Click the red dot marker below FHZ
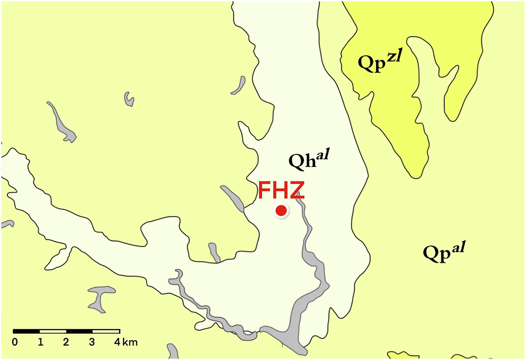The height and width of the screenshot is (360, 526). (281, 211)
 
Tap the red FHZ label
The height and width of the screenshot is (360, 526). (280, 191)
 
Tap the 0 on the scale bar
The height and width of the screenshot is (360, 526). (14, 343)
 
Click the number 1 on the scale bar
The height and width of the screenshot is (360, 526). (41, 343)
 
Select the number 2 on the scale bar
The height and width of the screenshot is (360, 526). (66, 343)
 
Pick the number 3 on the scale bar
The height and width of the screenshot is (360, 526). (93, 343)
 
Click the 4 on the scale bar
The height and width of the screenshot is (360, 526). (118, 343)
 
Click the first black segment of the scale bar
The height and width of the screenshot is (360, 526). (27, 331)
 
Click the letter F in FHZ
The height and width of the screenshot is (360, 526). (265, 191)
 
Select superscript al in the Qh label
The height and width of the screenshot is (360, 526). (322, 155)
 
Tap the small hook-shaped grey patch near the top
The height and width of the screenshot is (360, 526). (128, 98)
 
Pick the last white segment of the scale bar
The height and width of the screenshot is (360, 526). (106, 331)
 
